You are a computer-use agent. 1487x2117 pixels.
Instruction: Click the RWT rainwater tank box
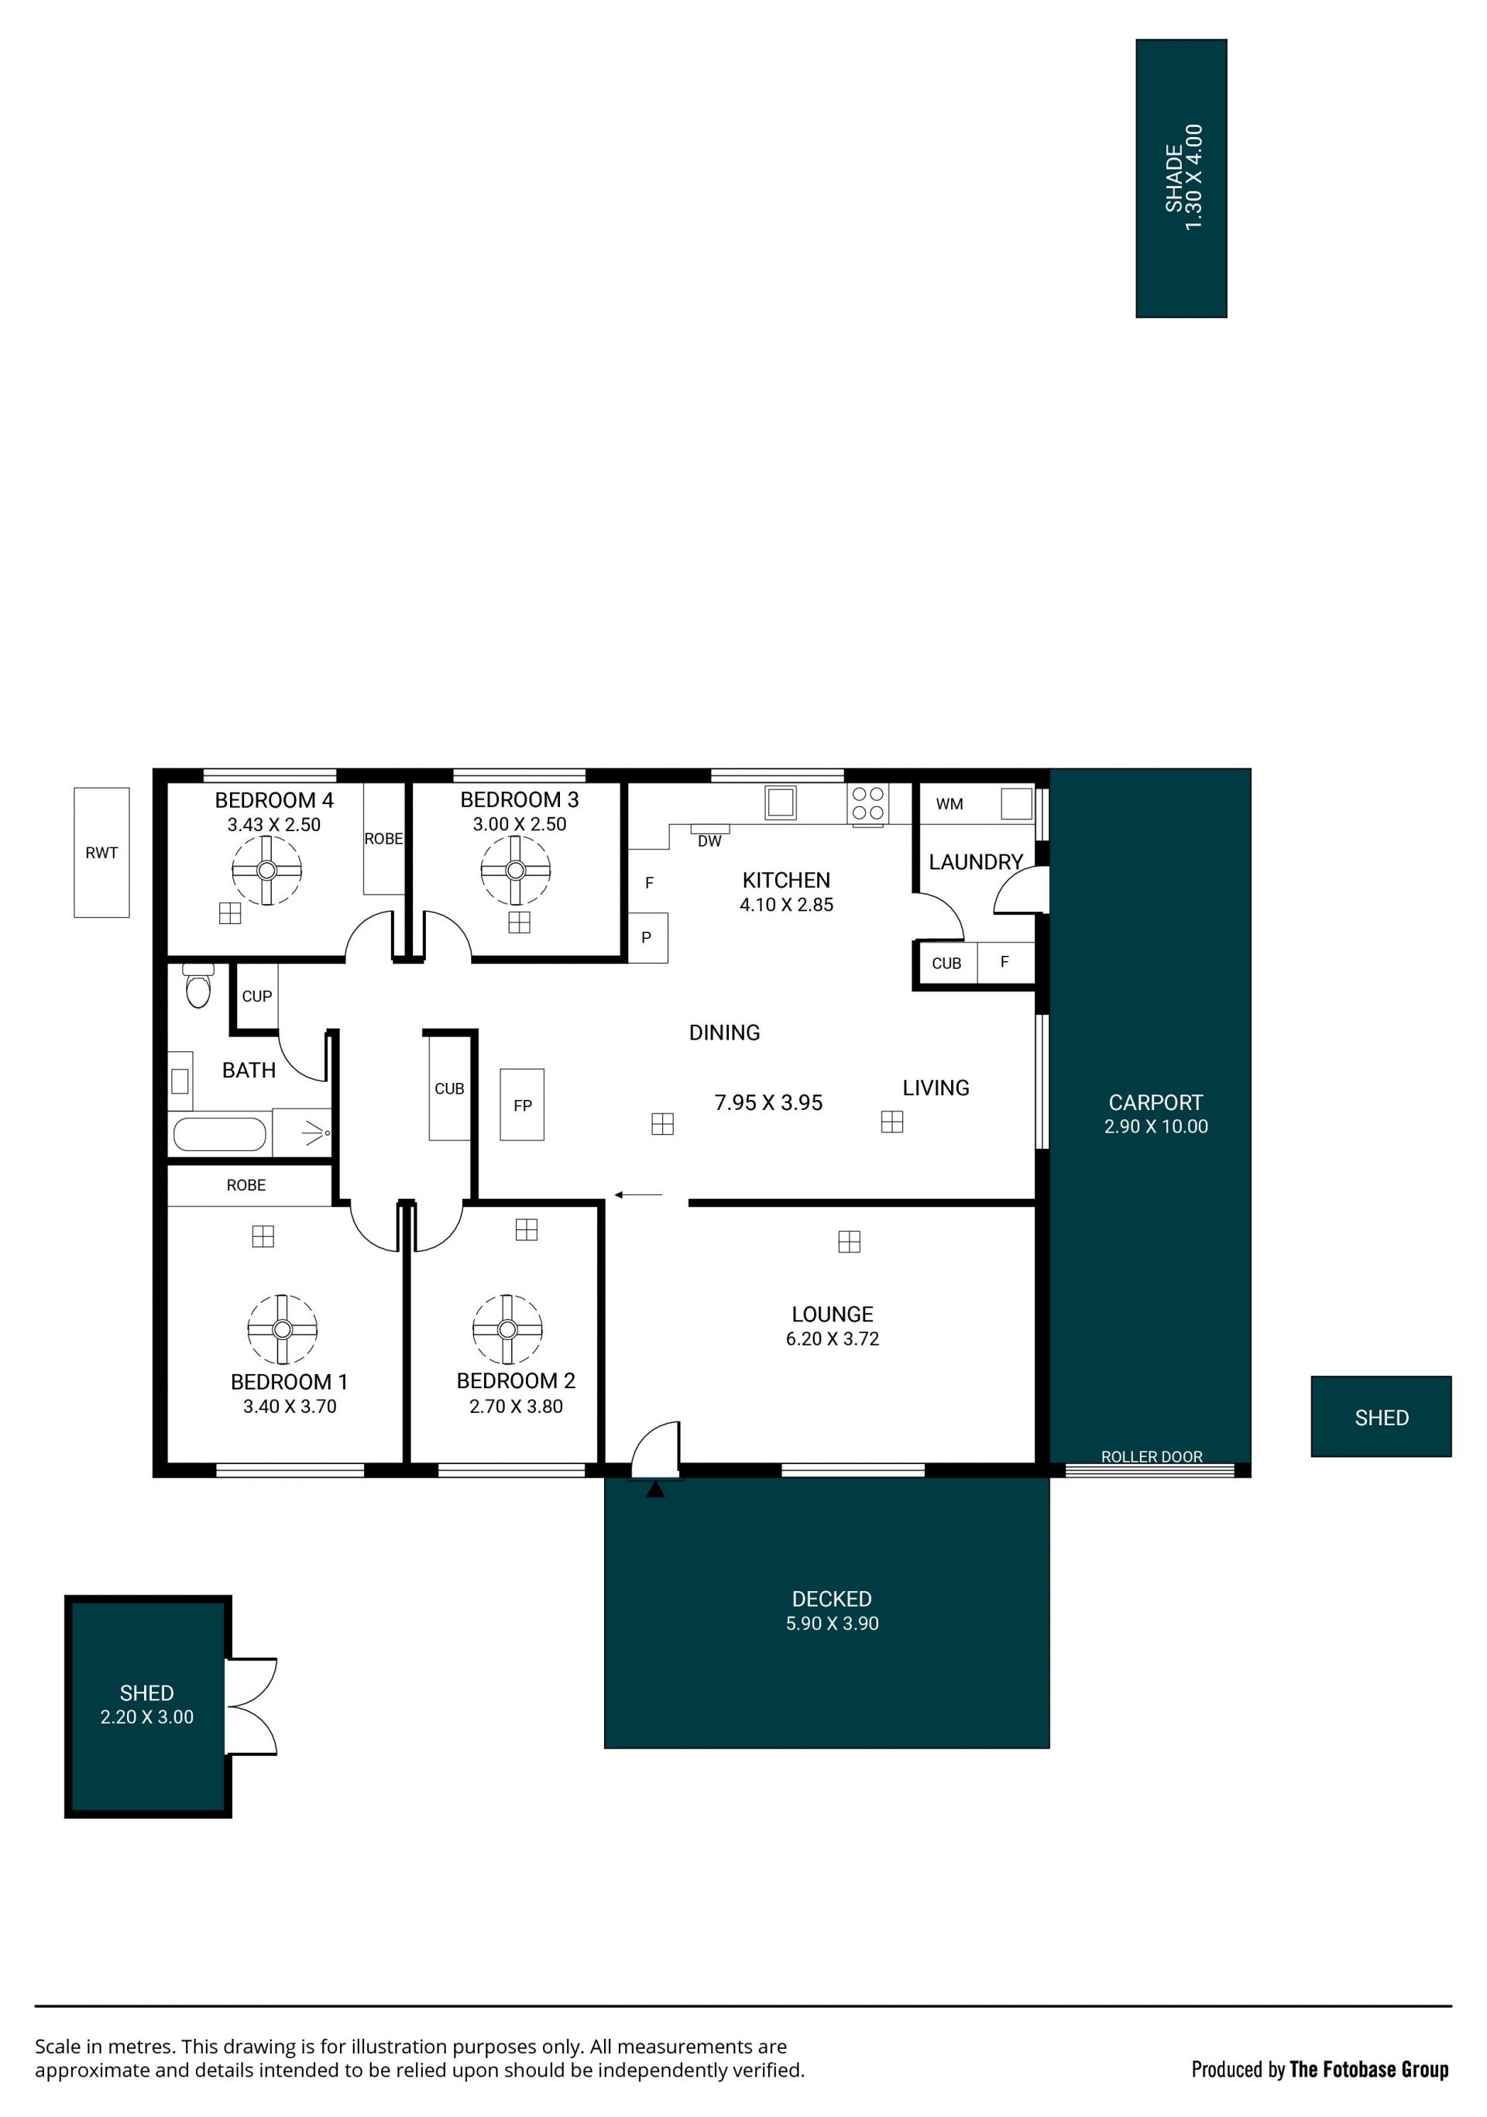pos(101,852)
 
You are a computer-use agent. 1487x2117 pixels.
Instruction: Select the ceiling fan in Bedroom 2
pos(507,1328)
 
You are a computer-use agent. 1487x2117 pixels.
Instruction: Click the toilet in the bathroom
pos(198,985)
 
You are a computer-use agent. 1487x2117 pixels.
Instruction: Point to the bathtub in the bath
pos(219,1134)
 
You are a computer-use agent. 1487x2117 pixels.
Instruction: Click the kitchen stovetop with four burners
pos(867,803)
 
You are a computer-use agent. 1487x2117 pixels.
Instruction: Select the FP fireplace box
pos(522,1105)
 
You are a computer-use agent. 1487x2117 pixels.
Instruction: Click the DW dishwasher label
pos(709,841)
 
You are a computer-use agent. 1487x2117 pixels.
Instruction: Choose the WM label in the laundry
pos(950,804)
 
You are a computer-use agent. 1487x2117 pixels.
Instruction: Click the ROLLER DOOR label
pos(1152,1456)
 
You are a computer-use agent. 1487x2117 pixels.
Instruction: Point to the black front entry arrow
pos(654,1489)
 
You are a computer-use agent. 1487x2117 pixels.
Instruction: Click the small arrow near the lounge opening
pos(638,1195)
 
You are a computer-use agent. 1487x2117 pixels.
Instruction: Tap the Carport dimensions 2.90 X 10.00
pos(1156,1126)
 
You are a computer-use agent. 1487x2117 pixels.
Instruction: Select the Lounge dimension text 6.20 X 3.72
pos(833,1338)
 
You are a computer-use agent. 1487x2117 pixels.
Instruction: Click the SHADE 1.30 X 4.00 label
pos(1183,177)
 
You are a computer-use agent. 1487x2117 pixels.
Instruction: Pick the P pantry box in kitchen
pos(648,936)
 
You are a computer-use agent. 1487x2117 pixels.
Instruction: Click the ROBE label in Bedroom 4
pos(383,838)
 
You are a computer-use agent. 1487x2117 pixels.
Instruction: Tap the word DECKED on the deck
pos(832,1599)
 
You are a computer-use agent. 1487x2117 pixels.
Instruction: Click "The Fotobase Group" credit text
pos(1369,2069)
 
